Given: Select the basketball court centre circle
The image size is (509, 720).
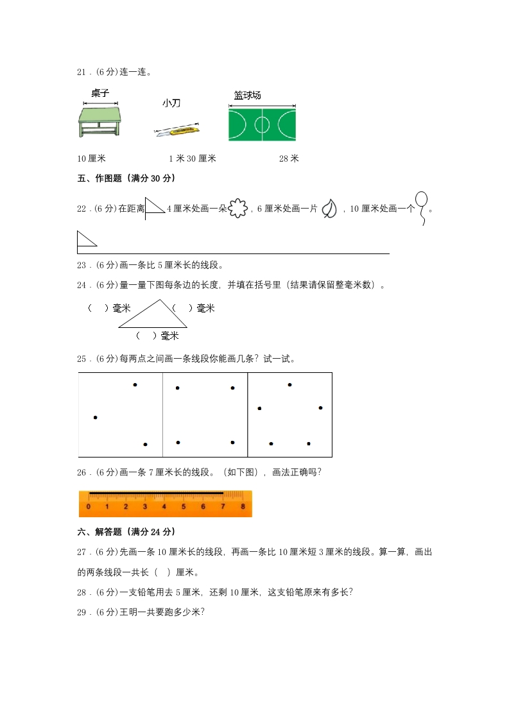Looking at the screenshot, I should click(x=262, y=124).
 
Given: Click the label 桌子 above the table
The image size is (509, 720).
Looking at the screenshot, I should click(x=99, y=94).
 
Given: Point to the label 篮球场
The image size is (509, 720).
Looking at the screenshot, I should click(x=247, y=96).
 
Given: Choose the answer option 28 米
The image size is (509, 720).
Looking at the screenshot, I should click(x=289, y=159).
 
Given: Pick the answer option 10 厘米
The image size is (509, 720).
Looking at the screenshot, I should click(x=91, y=159).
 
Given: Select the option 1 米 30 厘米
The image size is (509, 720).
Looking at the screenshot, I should click(x=192, y=159).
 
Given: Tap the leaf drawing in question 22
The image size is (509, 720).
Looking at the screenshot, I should click(x=329, y=209).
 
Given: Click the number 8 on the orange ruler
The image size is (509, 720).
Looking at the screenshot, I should click(x=243, y=507).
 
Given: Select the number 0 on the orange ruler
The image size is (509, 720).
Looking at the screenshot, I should click(x=89, y=507).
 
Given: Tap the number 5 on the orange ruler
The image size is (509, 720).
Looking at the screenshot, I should click(x=184, y=507).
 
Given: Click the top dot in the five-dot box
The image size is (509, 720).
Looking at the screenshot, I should click(x=290, y=385).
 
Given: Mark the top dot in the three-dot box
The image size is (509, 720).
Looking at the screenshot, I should click(x=135, y=385).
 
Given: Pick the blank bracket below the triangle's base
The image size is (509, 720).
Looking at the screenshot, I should click(x=146, y=336).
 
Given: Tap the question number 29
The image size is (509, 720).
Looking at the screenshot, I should click(x=82, y=612).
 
